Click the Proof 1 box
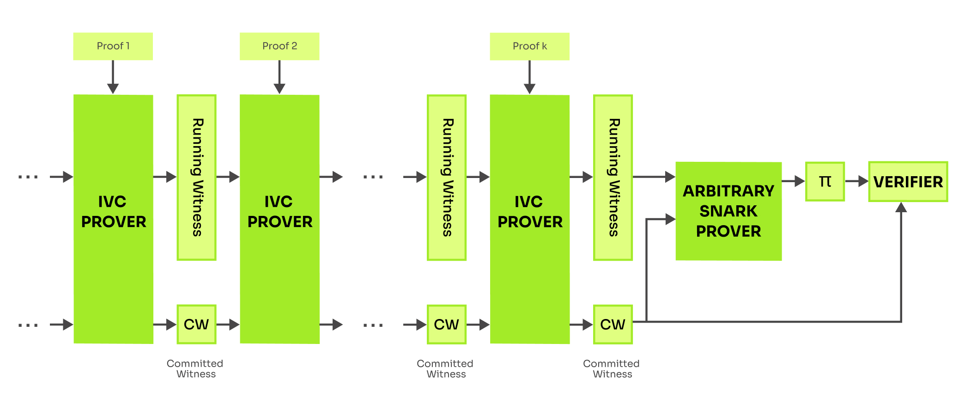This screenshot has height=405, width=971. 113,46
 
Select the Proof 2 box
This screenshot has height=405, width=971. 279,46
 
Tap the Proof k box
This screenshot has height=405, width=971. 530,46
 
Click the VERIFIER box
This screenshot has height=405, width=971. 908,182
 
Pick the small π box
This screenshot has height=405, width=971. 825,181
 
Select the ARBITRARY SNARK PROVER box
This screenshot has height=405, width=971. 728,211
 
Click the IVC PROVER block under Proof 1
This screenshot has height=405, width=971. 113,219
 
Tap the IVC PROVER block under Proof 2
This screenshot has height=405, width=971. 279,219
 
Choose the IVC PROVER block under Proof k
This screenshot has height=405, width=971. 530,219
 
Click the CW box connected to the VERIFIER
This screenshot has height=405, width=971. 613,325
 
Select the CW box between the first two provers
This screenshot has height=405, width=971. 196,325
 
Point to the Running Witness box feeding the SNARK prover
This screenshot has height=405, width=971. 613,178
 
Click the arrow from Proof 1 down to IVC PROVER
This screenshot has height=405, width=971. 113,77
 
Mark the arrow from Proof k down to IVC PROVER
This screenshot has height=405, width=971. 530,77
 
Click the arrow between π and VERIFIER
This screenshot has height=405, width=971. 857,181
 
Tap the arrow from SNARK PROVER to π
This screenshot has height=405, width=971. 793,181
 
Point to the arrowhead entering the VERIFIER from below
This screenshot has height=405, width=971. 901,208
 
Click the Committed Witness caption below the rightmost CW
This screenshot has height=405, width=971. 612,369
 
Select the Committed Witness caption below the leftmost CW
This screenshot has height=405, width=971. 195,369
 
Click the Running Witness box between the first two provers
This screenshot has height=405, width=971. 196,178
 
